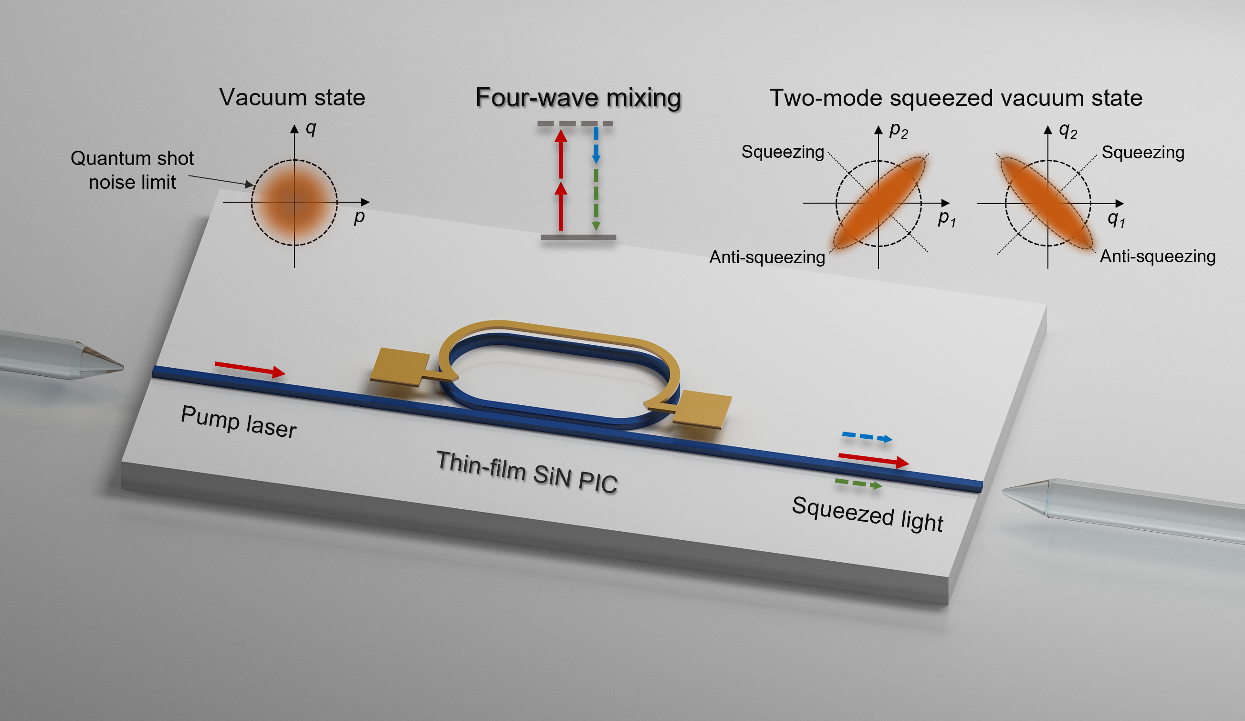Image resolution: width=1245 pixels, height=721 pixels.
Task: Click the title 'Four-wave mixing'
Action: click(578, 98)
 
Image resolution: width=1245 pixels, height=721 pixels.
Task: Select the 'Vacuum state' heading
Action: click(292, 97)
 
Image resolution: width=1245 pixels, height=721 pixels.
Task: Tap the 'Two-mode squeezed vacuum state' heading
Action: click(955, 98)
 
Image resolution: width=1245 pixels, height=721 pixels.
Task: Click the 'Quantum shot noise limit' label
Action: click(132, 170)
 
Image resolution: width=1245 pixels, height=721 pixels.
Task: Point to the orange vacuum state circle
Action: click(294, 203)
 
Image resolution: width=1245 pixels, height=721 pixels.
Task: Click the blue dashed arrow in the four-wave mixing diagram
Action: click(596, 144)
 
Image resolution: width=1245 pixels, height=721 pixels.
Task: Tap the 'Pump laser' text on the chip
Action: click(239, 422)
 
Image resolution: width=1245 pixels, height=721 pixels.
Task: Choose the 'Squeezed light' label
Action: click(867, 514)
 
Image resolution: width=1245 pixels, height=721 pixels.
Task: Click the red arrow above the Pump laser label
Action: click(250, 369)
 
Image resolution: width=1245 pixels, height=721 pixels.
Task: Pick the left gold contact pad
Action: click(400, 367)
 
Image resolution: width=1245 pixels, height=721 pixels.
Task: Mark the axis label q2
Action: click(1067, 130)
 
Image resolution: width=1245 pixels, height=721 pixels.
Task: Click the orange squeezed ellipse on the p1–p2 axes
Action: click(879, 203)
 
